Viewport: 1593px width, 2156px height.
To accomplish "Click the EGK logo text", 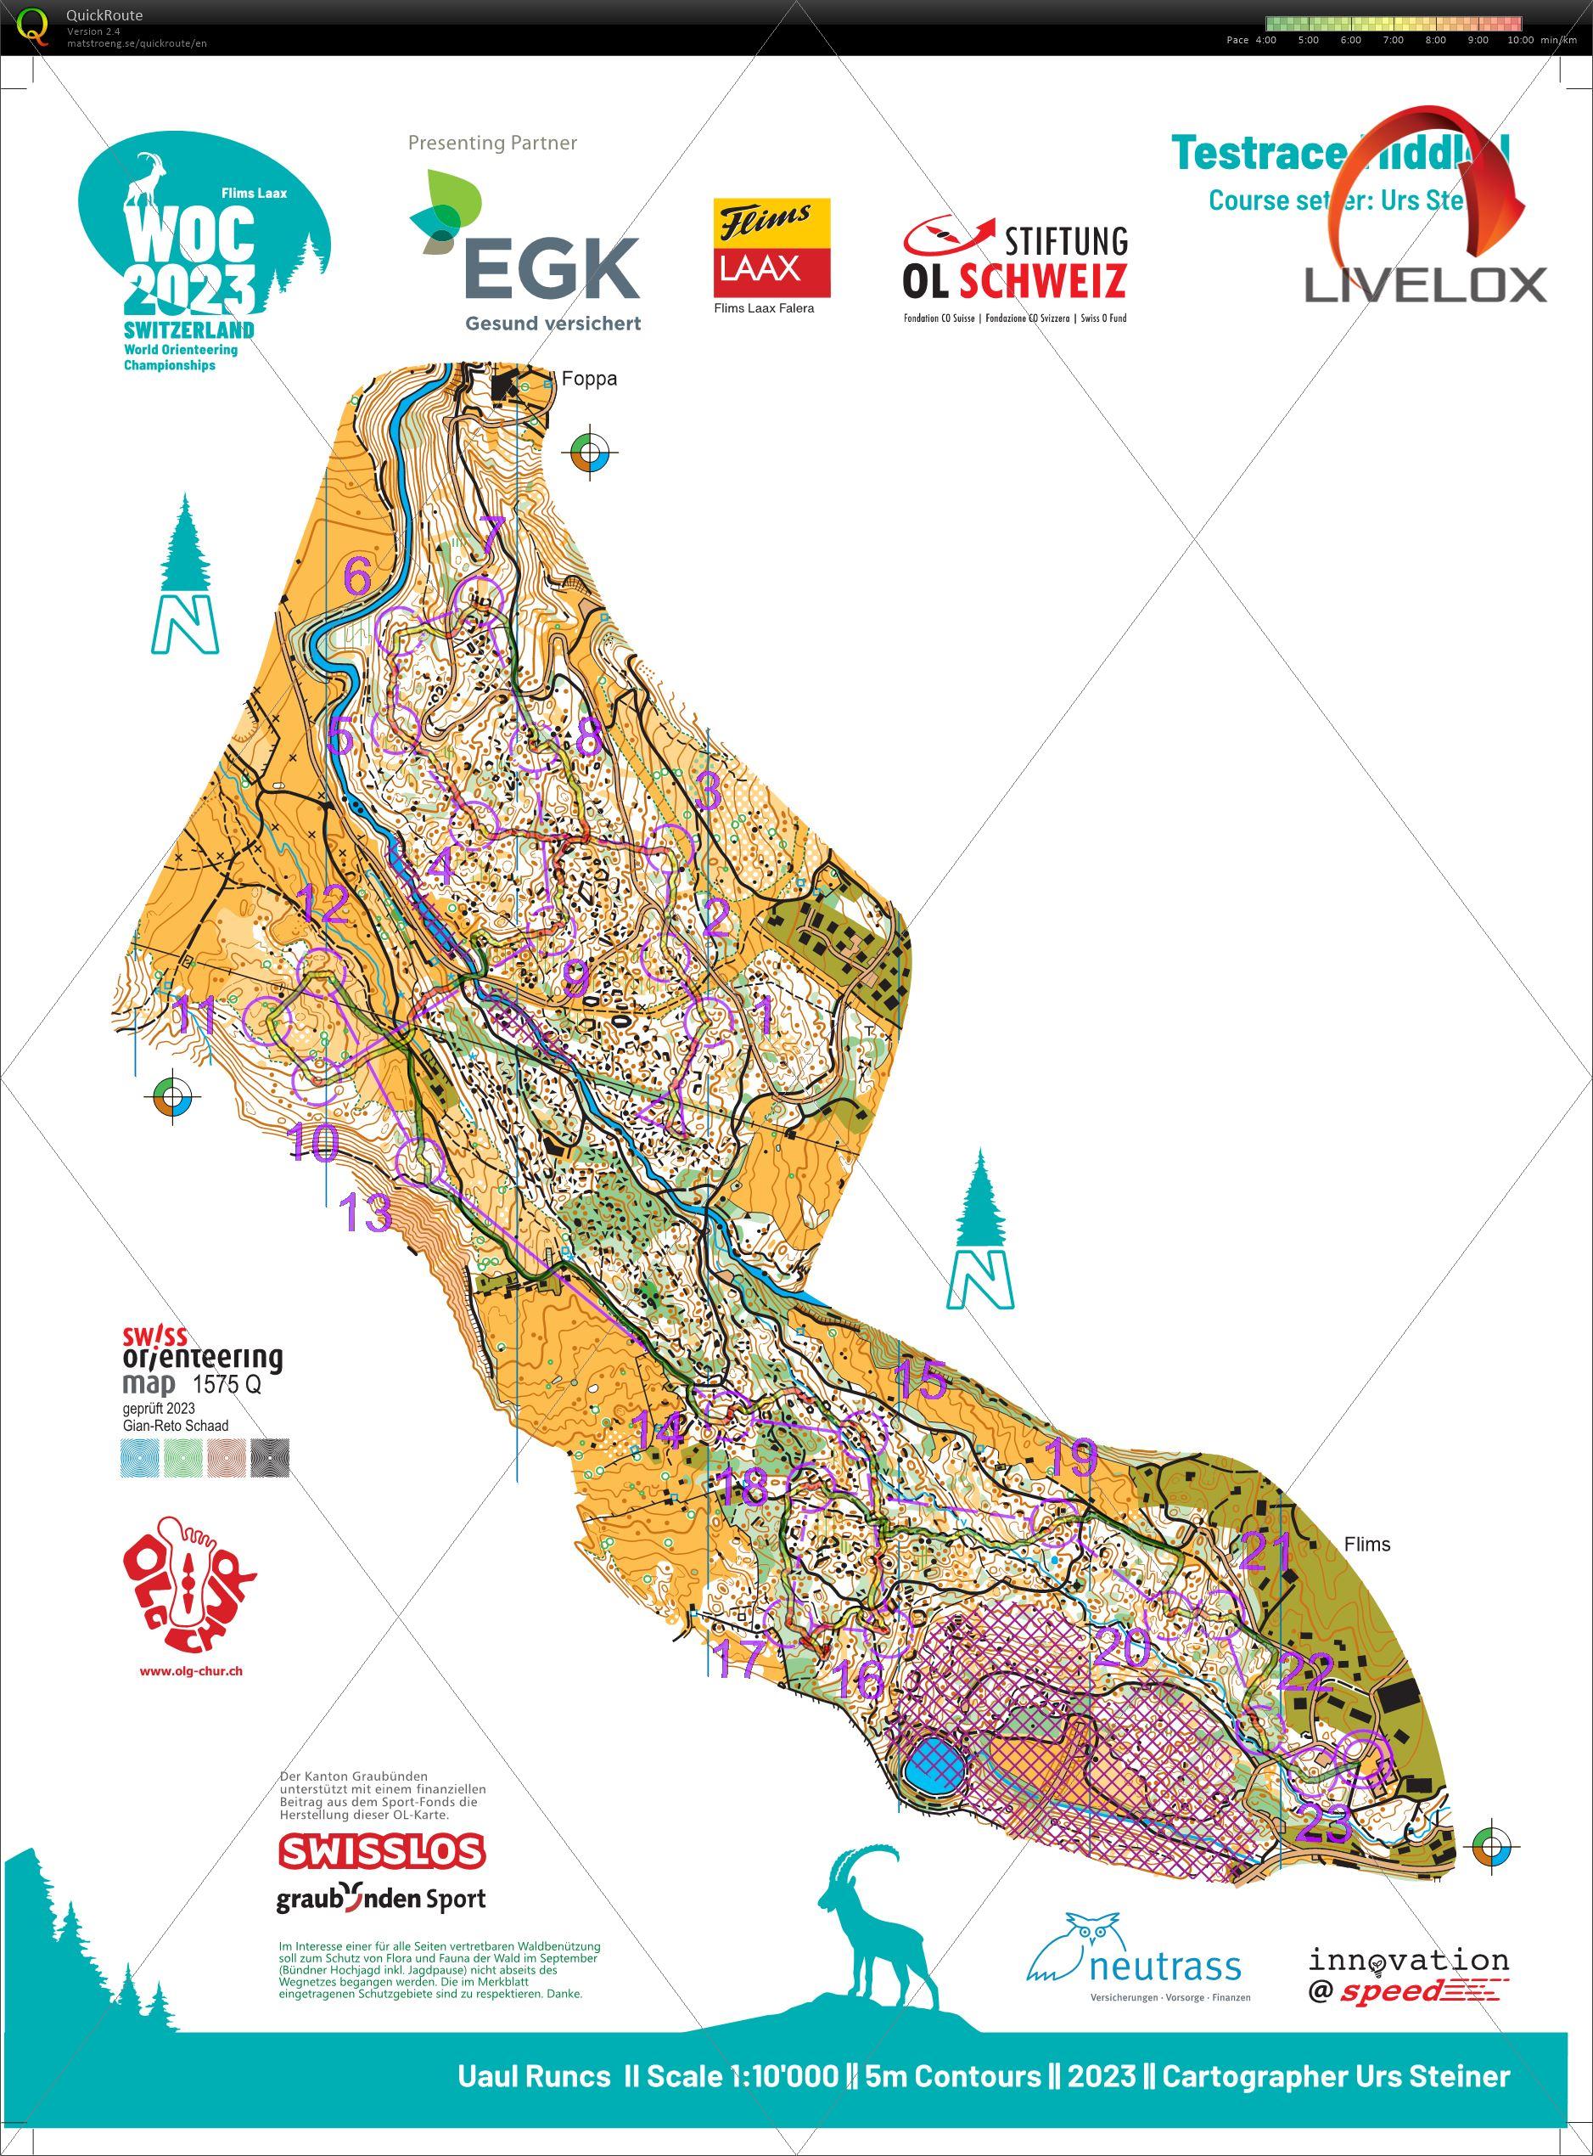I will point(552,267).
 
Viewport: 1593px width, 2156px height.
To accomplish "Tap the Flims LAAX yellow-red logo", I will point(771,248).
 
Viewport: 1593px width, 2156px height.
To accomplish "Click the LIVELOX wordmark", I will point(1425,285).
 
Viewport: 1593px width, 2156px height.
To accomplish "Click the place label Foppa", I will point(588,379).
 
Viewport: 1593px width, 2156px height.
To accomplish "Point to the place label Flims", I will point(1366,1544).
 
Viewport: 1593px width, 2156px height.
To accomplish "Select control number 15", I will point(922,1382).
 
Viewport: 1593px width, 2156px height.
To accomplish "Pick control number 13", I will point(367,1213).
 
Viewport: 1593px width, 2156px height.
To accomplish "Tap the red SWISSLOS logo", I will point(382,1850).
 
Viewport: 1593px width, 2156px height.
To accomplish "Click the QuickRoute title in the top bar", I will point(104,14).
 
